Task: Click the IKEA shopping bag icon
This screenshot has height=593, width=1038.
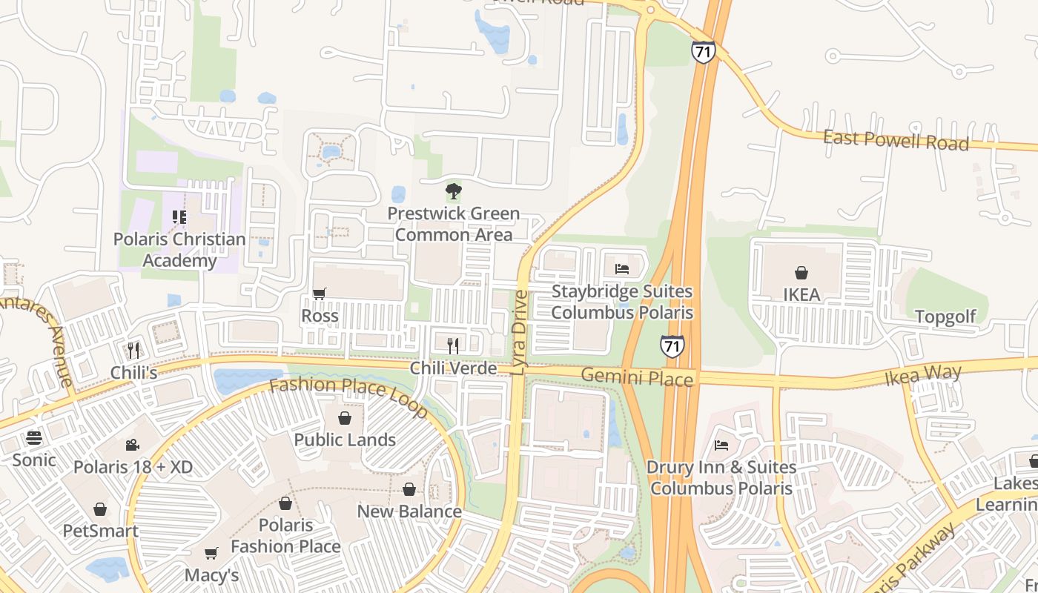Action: [x=801, y=273]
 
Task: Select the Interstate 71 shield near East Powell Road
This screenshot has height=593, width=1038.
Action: [x=703, y=52]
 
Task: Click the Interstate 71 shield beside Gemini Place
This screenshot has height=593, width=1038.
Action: [x=672, y=346]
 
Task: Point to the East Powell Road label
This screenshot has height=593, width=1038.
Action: [x=896, y=140]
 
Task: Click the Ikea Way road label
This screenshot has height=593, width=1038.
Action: [x=922, y=374]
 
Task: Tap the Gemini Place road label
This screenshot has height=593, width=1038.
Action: [x=637, y=377]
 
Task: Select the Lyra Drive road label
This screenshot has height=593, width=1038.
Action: [x=520, y=333]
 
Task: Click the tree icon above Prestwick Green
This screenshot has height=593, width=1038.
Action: [x=453, y=192]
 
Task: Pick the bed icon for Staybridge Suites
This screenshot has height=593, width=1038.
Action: [x=622, y=269]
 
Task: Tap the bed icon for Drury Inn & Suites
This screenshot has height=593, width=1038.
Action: [x=721, y=445]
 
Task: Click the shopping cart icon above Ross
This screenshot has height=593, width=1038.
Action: [x=320, y=294]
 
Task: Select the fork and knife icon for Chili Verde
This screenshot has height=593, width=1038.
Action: [x=453, y=345]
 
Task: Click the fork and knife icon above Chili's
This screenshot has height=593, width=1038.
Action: [x=133, y=350]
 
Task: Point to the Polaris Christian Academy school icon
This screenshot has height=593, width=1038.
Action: [x=179, y=217]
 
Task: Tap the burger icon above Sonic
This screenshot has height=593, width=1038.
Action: [x=34, y=437]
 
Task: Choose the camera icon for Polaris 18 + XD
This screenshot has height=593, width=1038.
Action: [x=132, y=445]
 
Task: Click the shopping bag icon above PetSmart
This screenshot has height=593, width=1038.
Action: [x=100, y=509]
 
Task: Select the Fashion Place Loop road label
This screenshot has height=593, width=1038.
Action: [x=348, y=397]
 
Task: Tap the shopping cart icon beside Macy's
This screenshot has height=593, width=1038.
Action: [x=211, y=554]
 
